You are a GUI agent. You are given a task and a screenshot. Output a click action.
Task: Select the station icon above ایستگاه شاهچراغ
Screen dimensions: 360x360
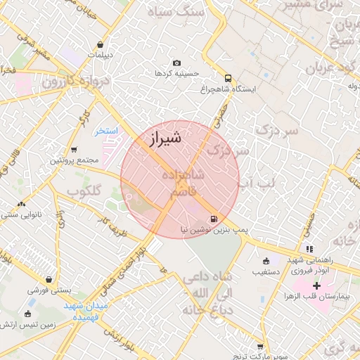pos(228,78)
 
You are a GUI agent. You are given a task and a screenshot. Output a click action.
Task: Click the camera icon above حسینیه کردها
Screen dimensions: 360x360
pos(176,63)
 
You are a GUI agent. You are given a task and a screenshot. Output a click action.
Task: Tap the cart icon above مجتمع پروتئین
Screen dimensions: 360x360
pos(74,150)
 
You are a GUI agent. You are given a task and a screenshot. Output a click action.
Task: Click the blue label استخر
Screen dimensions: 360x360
pos(108,131)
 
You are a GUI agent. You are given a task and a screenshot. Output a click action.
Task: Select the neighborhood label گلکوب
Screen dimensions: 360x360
pos(84,191)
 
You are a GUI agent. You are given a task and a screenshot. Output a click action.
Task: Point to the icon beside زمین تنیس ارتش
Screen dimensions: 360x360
pos(27,314)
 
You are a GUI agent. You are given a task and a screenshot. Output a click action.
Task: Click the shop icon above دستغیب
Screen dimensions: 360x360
pos(266,259)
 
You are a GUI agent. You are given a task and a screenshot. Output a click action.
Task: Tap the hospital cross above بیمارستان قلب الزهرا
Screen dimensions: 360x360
pos(316,285)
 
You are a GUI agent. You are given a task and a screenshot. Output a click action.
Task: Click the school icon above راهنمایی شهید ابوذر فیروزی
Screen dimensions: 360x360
pos(309,249)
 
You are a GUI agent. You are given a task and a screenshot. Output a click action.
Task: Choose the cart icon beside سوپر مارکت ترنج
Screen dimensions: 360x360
pos(260,347)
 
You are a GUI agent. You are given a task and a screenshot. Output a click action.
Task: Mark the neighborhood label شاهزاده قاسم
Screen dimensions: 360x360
pos(184,182)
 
